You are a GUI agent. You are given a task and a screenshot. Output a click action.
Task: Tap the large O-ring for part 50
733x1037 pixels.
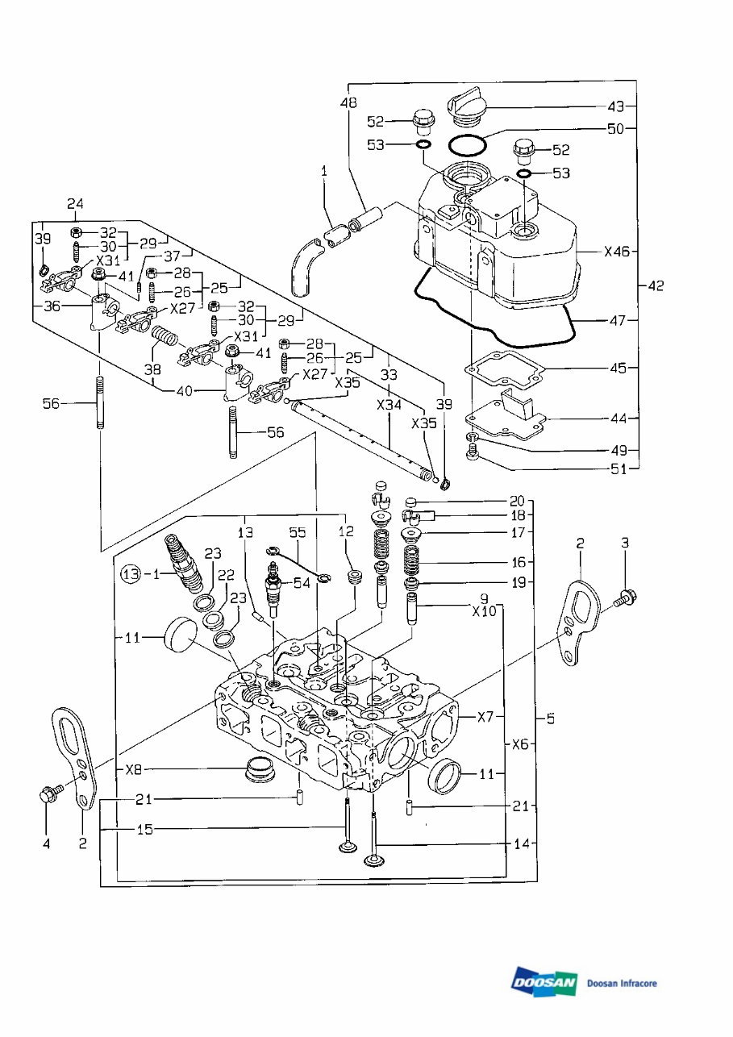467,147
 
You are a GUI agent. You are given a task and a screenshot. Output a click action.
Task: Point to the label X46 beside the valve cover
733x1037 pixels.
618,251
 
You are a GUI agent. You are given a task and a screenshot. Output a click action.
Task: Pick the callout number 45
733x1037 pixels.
618,368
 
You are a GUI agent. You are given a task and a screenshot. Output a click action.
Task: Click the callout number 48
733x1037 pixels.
348,103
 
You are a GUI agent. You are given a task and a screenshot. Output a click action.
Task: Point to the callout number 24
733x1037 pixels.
76,203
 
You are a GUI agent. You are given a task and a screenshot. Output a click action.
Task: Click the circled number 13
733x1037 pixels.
131,574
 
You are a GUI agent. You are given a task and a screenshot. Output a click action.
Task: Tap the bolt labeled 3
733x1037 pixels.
626,599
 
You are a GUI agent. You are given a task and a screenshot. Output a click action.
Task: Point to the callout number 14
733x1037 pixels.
522,844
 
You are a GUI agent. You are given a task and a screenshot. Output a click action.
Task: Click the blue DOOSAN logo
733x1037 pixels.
544,982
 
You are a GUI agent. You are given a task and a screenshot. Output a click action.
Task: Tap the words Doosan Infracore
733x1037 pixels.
622,984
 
